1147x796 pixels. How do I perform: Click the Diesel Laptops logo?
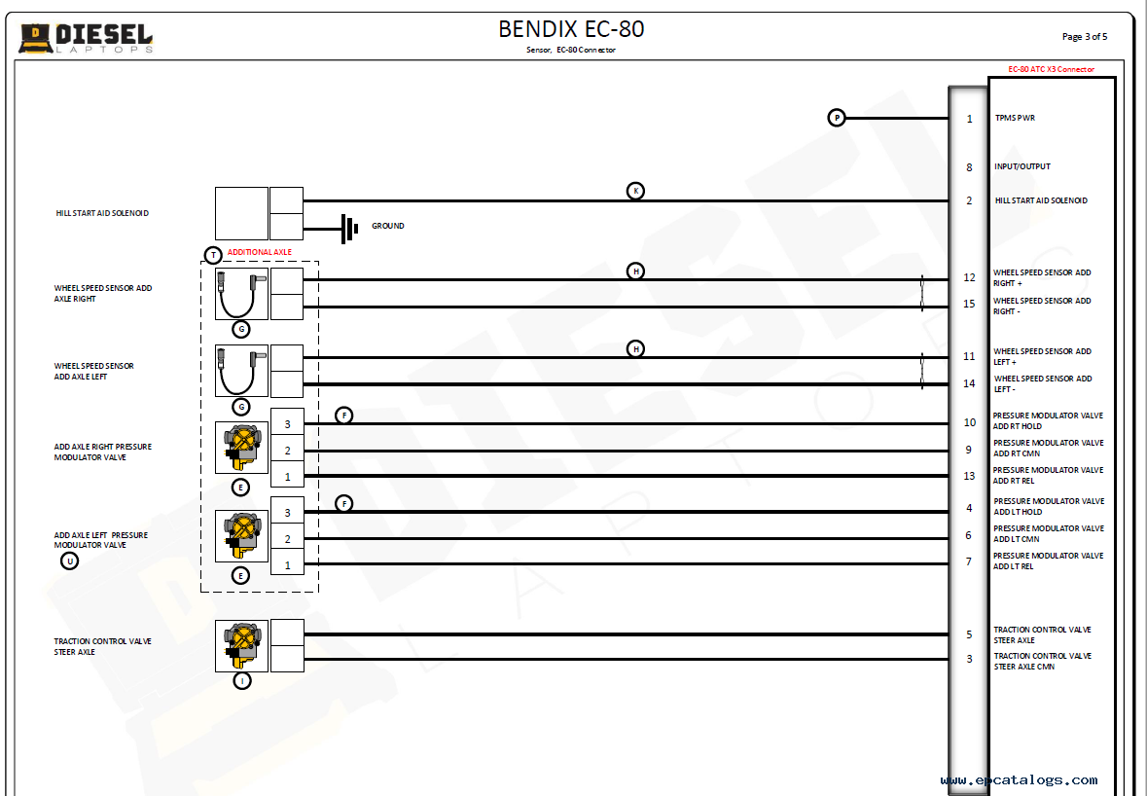86,38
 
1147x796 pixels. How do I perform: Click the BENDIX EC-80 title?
571,29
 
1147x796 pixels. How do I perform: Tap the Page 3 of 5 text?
1084,37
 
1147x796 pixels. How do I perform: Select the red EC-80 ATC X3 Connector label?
1051,69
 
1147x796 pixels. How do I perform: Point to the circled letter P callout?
837,118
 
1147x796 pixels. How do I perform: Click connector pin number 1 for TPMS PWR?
969,119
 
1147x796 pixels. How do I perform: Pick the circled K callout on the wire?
635,191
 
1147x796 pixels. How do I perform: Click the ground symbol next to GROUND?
348,229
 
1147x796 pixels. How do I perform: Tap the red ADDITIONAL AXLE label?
259,252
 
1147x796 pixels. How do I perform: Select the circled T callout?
213,255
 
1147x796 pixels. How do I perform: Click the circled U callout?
69,561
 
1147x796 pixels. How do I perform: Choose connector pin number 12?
969,277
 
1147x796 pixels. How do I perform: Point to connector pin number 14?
969,383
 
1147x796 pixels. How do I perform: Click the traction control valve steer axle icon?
241,645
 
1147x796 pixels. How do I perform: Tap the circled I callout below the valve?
241,681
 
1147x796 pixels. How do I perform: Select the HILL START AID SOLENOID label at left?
102,213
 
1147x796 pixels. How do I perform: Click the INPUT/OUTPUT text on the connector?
1022,166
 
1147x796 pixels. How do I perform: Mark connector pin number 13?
969,476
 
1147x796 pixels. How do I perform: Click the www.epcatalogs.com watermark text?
1019,780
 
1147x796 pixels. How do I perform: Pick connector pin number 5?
969,634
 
